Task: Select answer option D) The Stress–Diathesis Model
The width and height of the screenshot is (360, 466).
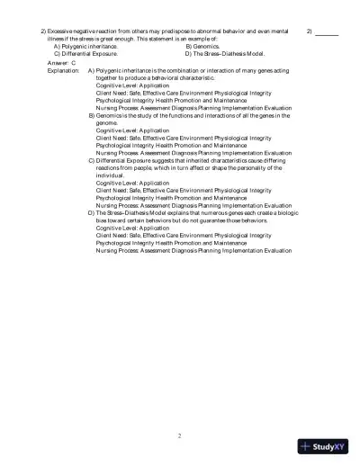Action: [x=225, y=53]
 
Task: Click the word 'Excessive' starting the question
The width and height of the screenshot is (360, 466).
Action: [x=66, y=31]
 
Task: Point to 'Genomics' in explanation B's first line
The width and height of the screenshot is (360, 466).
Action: [x=111, y=116]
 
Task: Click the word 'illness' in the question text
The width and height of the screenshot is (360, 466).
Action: [x=56, y=38]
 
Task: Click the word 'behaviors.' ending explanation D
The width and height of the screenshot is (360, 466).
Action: [x=250, y=219]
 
